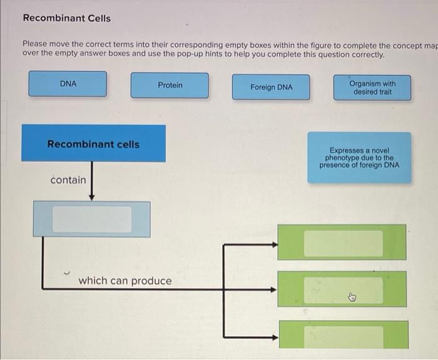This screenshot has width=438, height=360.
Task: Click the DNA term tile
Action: coord(68,84)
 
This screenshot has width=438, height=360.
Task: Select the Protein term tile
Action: coord(170,85)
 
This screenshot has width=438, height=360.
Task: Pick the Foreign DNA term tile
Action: coord(271,87)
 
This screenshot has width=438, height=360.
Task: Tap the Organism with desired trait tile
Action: coord(372,87)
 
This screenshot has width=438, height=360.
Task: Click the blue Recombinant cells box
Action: coord(94,144)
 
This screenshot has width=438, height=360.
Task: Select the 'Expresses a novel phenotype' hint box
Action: coord(359,157)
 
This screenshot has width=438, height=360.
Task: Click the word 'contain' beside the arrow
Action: coord(68,180)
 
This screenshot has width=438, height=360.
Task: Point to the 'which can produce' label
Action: coord(125,281)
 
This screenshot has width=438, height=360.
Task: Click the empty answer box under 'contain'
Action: coord(92,219)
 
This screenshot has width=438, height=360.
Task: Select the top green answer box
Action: coord(342,242)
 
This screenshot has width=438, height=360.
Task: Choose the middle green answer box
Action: coord(342,289)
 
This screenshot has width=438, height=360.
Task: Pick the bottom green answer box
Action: coord(342,336)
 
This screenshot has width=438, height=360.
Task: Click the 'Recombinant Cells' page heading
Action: coord(66,18)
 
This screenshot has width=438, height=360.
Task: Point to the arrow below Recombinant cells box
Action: coord(92,181)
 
